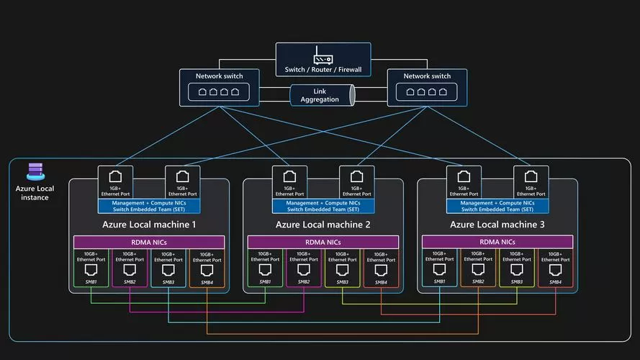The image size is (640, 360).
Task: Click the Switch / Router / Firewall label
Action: click(323, 69)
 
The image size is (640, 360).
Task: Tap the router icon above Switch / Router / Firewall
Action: click(323, 55)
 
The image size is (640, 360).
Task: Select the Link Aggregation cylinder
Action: click(322, 95)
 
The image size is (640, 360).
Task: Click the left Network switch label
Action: click(219, 76)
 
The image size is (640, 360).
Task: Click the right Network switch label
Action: click(427, 76)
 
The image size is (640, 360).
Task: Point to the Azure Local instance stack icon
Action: click(35, 171)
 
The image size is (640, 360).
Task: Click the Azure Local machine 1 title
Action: click(149, 225)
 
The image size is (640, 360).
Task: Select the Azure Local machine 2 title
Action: click(323, 225)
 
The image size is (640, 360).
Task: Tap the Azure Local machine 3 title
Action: click(497, 225)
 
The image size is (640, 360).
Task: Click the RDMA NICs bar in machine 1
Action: click(149, 242)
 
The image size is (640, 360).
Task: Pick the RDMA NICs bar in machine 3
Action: click(497, 242)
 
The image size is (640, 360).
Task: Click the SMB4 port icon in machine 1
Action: click(207, 270)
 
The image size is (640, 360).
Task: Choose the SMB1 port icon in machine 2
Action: click(265, 270)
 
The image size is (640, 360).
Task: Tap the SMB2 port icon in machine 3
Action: click(478, 269)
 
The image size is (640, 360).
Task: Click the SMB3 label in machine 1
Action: click(168, 282)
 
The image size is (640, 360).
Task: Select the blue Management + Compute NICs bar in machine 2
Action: click(323, 206)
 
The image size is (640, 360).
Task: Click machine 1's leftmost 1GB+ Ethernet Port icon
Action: click(115, 176)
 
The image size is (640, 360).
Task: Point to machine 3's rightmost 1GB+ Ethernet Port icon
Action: click(531, 176)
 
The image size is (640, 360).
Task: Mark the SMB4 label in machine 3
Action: click(555, 282)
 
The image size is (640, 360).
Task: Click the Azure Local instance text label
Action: click(35, 193)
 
